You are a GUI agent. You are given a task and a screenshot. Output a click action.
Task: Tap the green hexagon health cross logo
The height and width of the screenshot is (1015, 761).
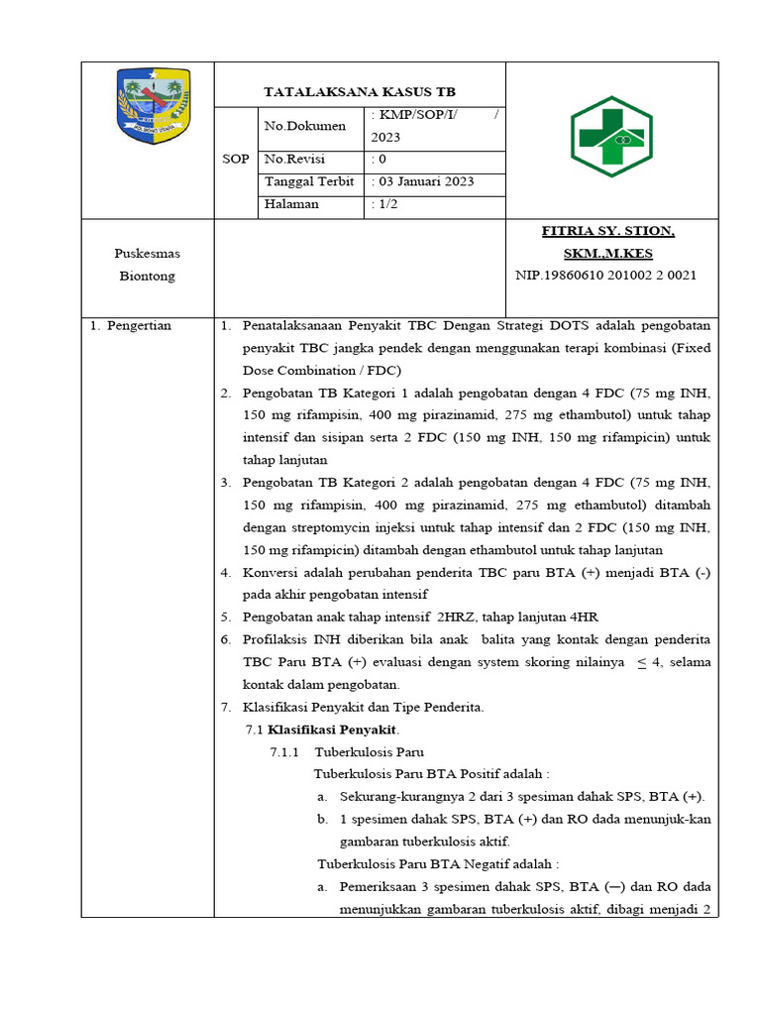click(610, 137)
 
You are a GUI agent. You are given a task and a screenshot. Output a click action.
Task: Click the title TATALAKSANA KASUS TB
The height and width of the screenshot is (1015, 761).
click(360, 91)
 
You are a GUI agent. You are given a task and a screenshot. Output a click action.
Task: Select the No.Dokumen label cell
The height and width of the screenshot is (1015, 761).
click(305, 126)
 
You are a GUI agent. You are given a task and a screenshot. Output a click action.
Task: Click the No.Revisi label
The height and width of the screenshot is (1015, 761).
click(294, 159)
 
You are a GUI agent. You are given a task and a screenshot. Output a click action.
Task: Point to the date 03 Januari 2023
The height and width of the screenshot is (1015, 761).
click(424, 181)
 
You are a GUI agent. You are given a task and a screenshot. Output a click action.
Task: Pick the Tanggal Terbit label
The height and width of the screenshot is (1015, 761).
click(309, 181)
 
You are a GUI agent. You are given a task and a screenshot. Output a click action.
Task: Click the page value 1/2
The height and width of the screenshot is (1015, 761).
click(385, 203)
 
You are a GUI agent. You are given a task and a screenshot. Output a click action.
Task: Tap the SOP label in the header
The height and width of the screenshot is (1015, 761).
click(236, 159)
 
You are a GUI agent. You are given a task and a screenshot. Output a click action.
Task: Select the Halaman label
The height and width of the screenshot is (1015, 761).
click(292, 203)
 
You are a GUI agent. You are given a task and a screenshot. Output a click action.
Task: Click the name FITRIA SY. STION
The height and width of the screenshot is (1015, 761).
click(607, 231)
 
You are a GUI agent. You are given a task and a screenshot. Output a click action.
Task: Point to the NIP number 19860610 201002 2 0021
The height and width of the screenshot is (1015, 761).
click(605, 276)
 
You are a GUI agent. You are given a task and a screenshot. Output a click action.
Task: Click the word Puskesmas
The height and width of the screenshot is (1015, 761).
click(147, 254)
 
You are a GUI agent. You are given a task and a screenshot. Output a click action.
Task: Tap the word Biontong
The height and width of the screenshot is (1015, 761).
click(147, 276)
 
